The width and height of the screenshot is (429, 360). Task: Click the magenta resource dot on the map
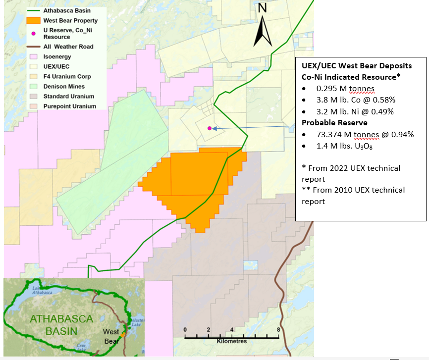pyautogui.click(x=210, y=128)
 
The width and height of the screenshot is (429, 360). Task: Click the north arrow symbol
pyautogui.click(x=263, y=29)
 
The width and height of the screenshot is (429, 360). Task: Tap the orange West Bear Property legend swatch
pyautogui.click(x=33, y=21)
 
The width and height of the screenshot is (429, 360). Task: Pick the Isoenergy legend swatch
pyautogui.click(x=33, y=57)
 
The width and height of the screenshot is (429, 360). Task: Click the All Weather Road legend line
pyautogui.click(x=33, y=47)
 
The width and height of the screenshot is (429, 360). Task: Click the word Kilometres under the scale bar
pyautogui.click(x=231, y=341)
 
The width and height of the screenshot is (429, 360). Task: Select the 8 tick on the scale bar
pyautogui.click(x=278, y=330)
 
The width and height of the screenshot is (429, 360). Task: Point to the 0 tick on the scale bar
pyautogui.click(x=185, y=330)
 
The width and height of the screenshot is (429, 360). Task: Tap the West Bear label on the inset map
pyautogui.click(x=111, y=337)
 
